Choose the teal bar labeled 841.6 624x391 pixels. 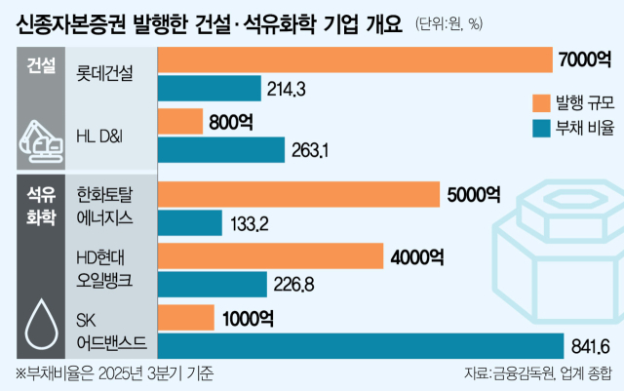[360, 345]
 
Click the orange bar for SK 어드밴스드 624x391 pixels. [184, 318]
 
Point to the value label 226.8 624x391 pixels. [294, 285]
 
